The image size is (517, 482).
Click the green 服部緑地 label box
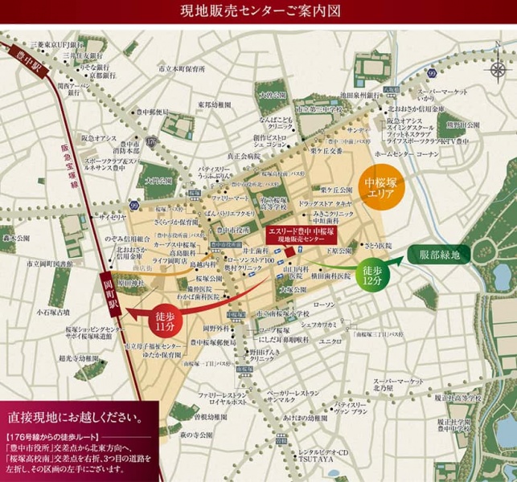click(440, 255)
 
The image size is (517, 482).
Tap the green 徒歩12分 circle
click(371, 275)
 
